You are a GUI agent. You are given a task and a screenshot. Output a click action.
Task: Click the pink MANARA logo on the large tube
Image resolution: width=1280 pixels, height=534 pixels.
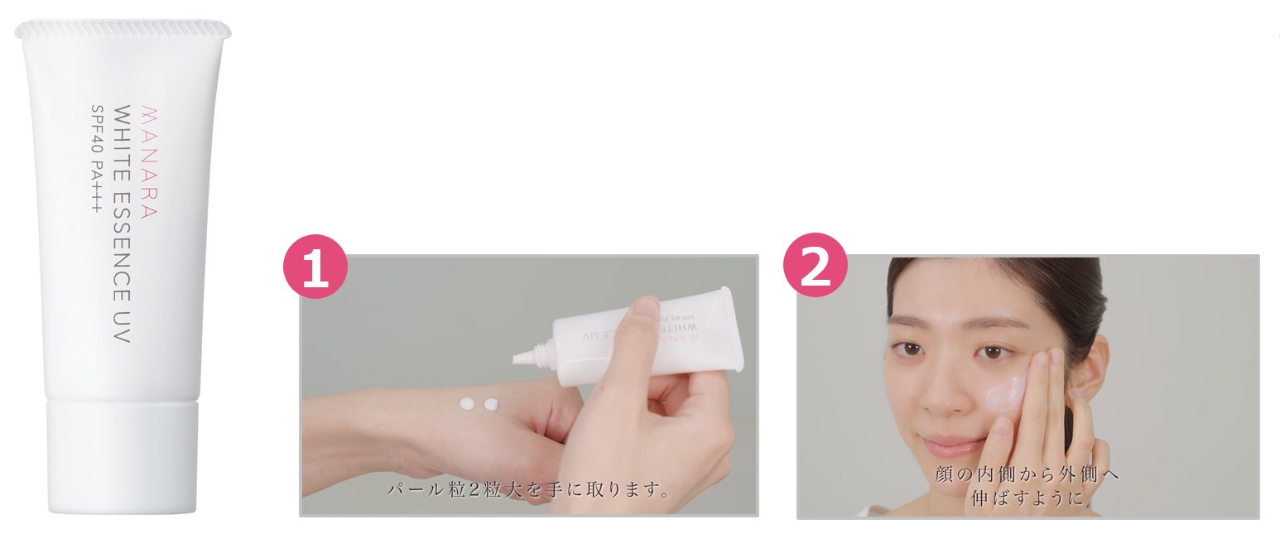pos(148,162)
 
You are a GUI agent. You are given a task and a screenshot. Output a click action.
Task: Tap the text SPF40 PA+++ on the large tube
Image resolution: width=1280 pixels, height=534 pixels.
pos(97,159)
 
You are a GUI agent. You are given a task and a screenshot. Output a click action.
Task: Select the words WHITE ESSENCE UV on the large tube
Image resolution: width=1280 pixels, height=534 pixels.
pos(122,224)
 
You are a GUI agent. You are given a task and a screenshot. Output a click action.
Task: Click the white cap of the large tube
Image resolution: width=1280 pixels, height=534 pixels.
pos(123,457)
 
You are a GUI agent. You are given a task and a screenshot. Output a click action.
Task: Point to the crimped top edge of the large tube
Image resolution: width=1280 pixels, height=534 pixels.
pos(123,29)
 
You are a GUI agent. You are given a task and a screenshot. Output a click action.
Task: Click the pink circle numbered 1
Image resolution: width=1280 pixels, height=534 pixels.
pos(315,266)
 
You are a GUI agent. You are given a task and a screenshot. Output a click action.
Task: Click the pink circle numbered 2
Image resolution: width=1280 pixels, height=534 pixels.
pos(816,265)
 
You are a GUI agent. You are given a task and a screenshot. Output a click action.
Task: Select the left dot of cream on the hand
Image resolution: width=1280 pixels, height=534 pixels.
pos(467,404)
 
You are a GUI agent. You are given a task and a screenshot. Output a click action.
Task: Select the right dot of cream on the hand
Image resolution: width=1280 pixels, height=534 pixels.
pos(491,404)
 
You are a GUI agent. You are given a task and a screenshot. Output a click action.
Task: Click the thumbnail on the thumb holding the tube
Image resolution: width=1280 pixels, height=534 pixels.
pos(647,307)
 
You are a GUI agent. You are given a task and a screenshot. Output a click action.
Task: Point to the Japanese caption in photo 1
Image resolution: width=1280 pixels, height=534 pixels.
pos(528,490)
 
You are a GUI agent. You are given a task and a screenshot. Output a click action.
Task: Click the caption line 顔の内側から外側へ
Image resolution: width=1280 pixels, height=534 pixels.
pos(1027,474)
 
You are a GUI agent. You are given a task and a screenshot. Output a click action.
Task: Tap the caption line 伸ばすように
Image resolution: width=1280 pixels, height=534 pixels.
pos(1027,498)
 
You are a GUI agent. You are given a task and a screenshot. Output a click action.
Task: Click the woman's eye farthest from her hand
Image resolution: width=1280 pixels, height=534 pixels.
pos(907,349)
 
